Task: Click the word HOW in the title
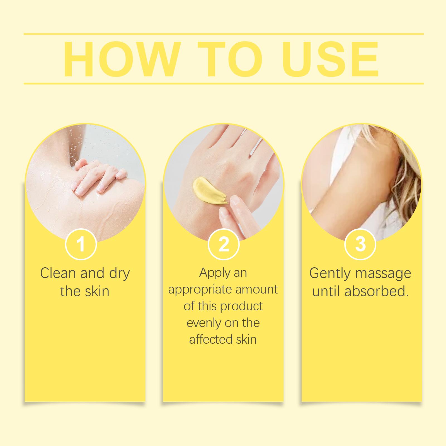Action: point(121,59)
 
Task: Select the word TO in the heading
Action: point(230,59)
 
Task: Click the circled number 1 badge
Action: point(81,244)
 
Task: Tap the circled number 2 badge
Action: point(224,244)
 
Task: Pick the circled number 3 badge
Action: point(360,244)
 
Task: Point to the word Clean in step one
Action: point(59,273)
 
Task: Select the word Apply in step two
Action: point(212,273)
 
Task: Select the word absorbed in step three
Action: point(376,291)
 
